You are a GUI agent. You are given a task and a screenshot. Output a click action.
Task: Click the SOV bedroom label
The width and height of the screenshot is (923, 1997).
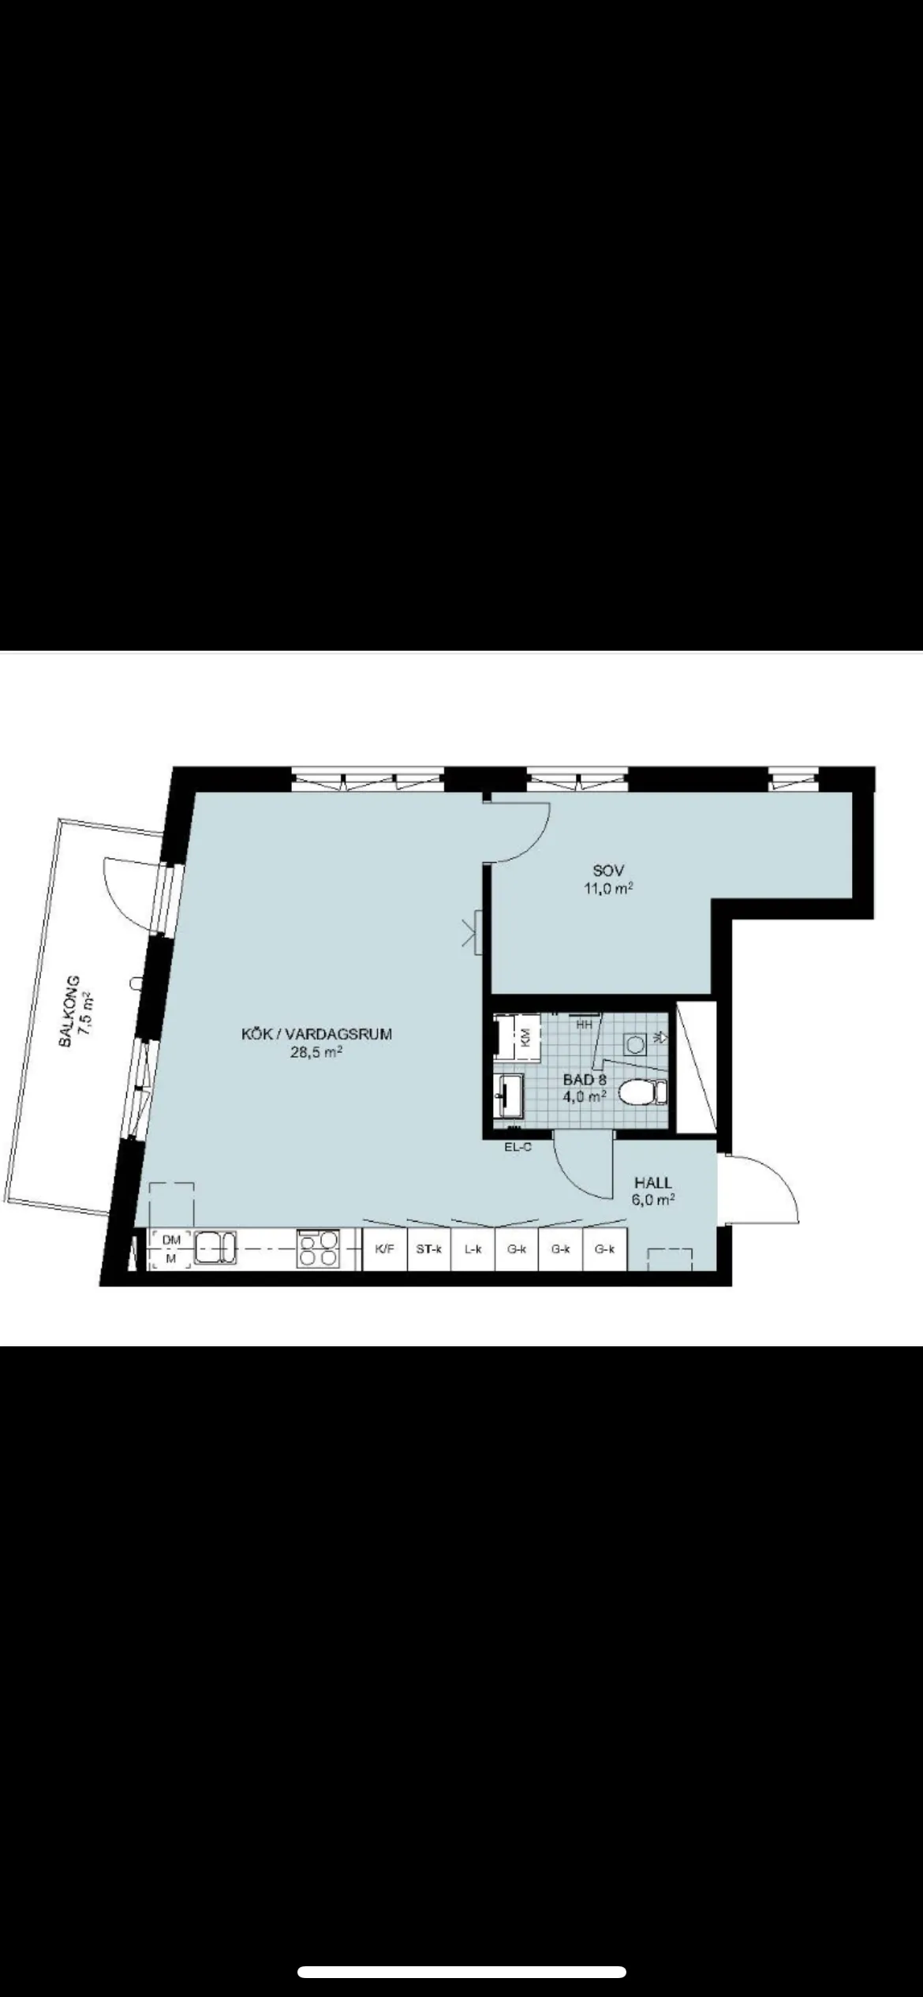[x=608, y=871]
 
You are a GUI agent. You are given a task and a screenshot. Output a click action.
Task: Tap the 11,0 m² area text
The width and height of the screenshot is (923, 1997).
[x=607, y=889]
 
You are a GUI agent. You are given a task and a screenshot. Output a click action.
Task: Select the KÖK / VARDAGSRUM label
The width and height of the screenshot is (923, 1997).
[x=316, y=1034]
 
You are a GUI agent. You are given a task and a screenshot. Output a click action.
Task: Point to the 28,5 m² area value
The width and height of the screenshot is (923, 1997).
[x=316, y=1053]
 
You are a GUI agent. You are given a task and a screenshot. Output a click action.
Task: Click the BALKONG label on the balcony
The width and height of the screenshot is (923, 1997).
[x=69, y=1011]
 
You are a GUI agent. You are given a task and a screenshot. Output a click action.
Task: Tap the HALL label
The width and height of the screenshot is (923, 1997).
[x=653, y=1182]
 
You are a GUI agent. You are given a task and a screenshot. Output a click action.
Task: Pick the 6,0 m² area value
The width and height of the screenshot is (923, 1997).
[x=653, y=1200]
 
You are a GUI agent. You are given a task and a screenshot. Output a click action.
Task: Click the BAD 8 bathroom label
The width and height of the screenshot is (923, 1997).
[x=585, y=1079]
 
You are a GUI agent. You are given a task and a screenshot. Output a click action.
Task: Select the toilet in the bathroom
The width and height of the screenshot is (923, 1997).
[x=643, y=1092]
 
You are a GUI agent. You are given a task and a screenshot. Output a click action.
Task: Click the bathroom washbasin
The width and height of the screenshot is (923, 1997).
[x=508, y=1095]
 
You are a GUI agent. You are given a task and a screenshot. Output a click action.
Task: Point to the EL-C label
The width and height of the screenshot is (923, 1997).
[x=518, y=1148]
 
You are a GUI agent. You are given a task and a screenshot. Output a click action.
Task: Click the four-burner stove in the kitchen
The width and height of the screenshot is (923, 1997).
[x=318, y=1249]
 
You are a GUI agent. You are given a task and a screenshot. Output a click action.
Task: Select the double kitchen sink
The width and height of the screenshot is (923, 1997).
[x=215, y=1248]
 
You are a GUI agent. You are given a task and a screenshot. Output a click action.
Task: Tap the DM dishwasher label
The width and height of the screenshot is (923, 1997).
[x=171, y=1240]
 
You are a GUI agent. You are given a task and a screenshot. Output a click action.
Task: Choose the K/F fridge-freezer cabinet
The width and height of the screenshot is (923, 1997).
[x=385, y=1249]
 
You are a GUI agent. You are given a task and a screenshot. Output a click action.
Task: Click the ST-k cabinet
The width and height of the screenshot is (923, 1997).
[x=429, y=1249]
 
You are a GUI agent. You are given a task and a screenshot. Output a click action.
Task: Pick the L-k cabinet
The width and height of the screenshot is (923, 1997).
[x=473, y=1249]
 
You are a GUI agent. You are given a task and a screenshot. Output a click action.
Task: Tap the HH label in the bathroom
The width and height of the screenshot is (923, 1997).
[x=585, y=1025]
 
